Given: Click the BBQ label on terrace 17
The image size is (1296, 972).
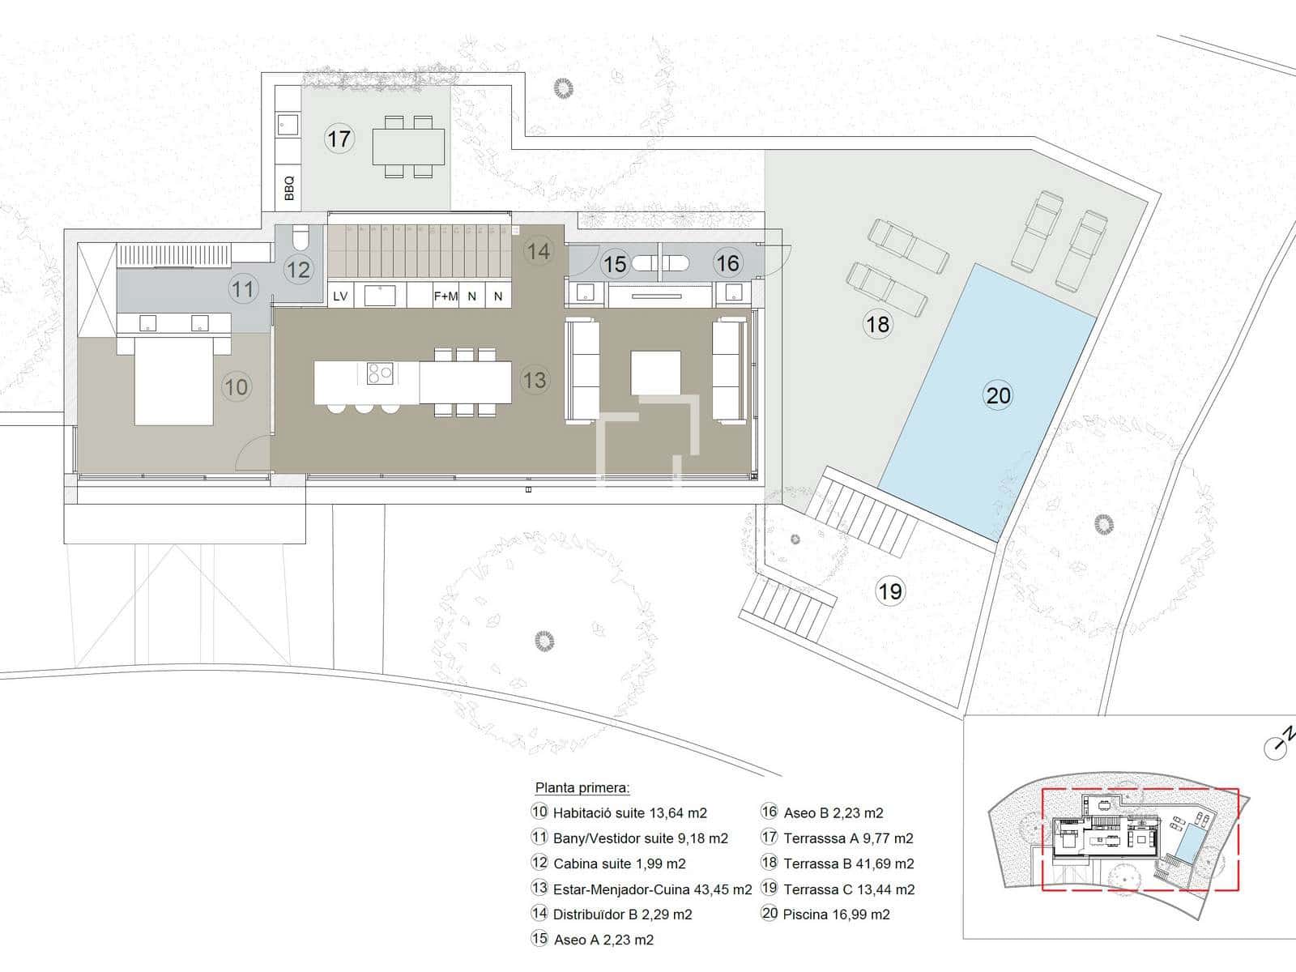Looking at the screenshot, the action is point(288,188).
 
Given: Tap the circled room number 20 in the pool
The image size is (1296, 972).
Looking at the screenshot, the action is point(999,394).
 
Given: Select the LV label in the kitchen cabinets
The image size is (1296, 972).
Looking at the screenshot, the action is point(340,296).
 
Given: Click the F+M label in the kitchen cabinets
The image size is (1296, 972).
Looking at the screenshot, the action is point(446,296).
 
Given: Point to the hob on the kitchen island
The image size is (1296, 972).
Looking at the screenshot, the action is point(380,373).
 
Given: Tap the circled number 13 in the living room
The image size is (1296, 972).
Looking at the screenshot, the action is point(535,379).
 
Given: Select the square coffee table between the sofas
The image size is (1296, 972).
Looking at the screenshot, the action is point(655,373).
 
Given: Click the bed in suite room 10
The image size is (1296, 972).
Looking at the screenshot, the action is point(173,377).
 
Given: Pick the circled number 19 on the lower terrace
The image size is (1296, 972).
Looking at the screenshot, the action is point(889,590).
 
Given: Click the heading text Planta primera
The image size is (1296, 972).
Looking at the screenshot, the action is point(582,787).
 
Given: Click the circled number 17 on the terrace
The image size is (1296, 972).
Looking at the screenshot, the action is point(339,139).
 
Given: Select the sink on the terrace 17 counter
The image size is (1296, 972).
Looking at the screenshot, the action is point(288,125).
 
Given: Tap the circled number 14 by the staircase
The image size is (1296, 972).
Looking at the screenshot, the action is point(539,251).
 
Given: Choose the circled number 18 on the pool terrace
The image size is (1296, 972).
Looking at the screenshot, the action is point(876,324).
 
